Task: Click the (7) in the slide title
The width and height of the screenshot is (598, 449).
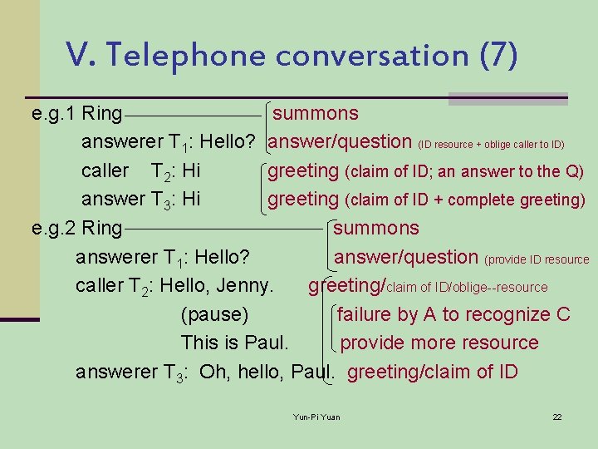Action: (x=498, y=57)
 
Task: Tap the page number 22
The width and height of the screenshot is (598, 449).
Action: (x=557, y=417)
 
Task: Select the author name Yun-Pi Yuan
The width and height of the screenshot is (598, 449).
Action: (x=317, y=417)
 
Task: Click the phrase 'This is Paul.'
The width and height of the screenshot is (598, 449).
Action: (x=235, y=343)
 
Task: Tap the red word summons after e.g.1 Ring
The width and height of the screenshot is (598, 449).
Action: (x=316, y=113)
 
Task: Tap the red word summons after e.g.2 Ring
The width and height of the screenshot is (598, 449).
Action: (x=376, y=228)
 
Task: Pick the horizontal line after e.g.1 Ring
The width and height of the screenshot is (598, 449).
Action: (x=194, y=114)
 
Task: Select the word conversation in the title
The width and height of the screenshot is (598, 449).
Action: (x=373, y=57)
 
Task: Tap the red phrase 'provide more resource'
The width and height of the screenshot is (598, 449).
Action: (x=439, y=343)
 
